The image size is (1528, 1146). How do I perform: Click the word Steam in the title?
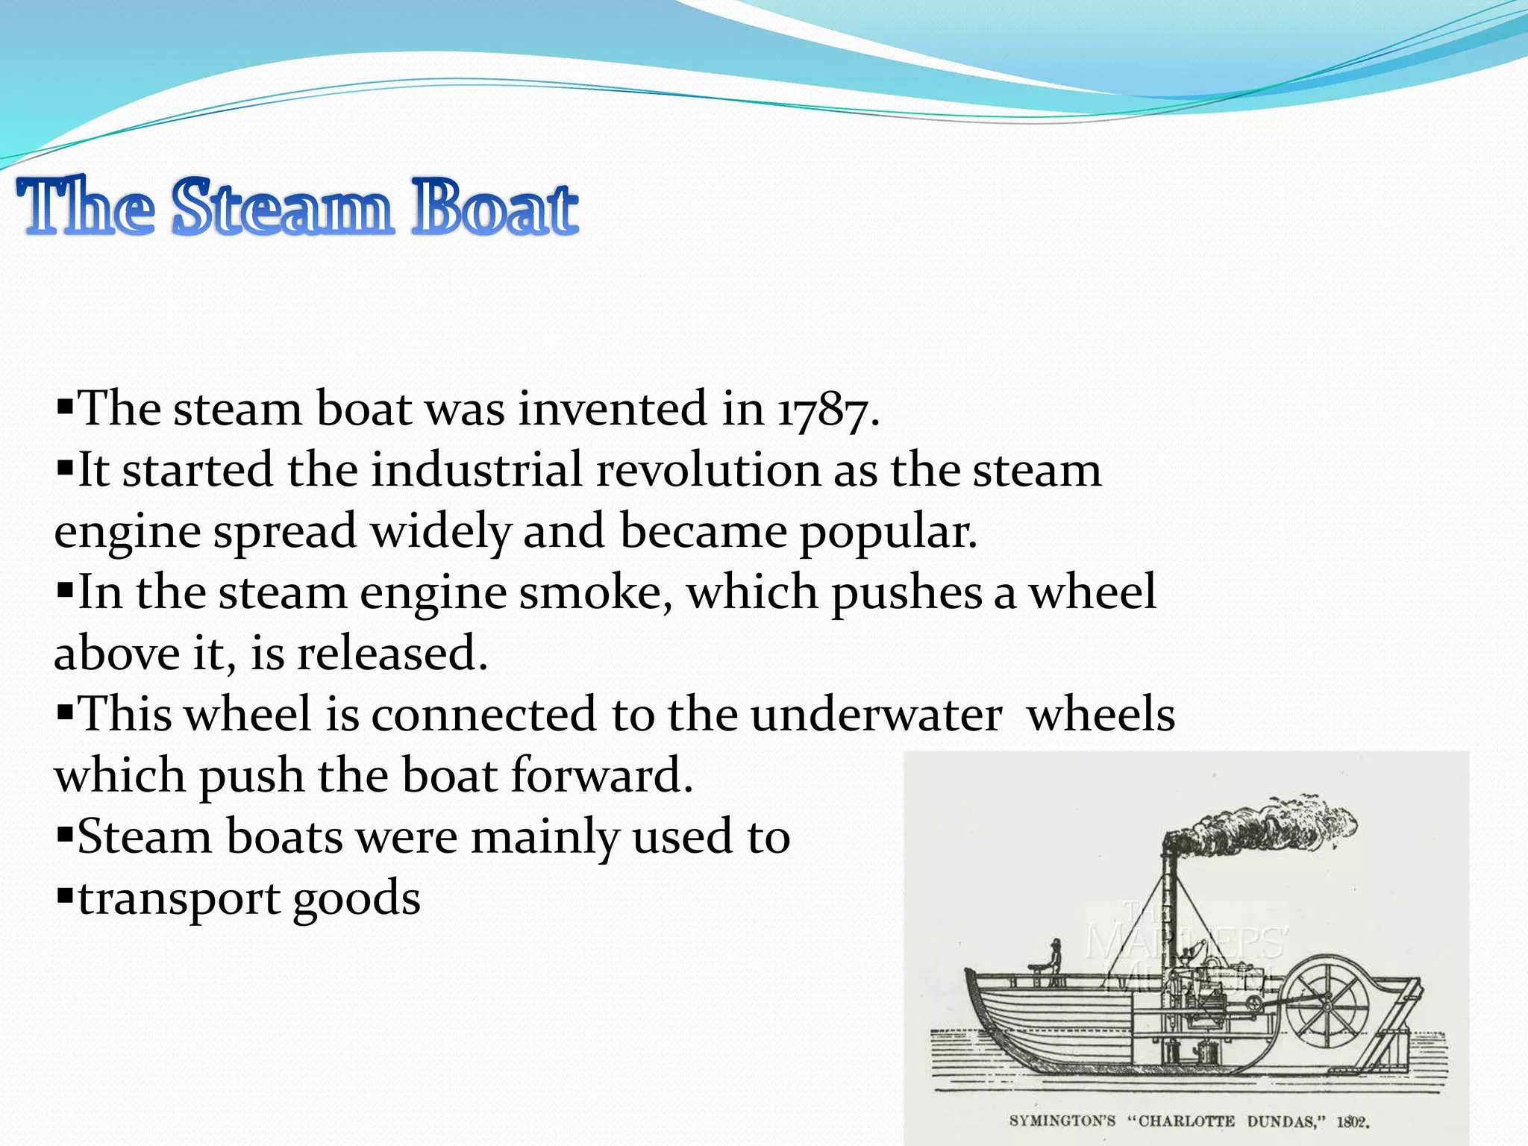[x=281, y=207]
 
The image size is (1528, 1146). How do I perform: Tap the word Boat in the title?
[x=494, y=207]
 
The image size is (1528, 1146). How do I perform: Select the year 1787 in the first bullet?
[x=824, y=411]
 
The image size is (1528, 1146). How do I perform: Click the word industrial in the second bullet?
[x=477, y=472]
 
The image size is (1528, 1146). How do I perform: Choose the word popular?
[x=887, y=533]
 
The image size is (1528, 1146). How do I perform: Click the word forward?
[x=601, y=776]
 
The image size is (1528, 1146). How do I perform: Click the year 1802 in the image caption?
[x=1352, y=1121]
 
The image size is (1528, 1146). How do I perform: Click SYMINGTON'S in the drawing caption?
[x=1062, y=1121]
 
